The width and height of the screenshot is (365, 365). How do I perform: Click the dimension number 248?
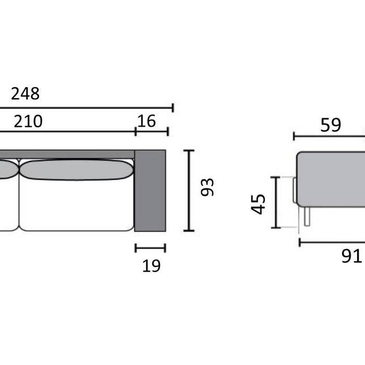(x=25, y=93)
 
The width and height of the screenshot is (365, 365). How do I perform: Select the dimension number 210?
(x=28, y=121)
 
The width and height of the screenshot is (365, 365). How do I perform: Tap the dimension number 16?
(x=147, y=121)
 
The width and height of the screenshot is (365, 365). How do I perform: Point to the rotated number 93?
(x=207, y=187)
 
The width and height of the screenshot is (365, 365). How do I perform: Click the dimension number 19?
(x=151, y=266)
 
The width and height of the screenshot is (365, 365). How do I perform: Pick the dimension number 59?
(x=331, y=125)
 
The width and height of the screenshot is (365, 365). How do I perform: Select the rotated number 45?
(x=258, y=204)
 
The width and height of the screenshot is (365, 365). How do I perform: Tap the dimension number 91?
(x=351, y=256)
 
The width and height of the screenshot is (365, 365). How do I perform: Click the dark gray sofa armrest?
(x=150, y=191)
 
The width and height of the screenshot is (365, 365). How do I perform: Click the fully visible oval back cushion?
(x=77, y=169)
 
